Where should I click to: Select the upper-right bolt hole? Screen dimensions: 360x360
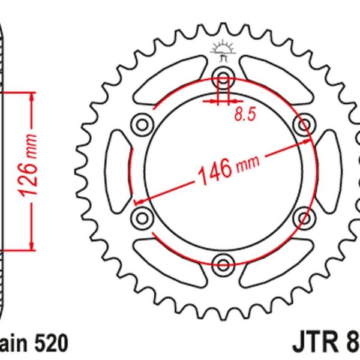304,125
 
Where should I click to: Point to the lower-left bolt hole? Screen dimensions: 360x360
143,215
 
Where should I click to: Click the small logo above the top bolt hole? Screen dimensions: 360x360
223,52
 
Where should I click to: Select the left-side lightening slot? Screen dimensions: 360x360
119,170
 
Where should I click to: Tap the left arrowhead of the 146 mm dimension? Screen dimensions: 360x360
139,201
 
